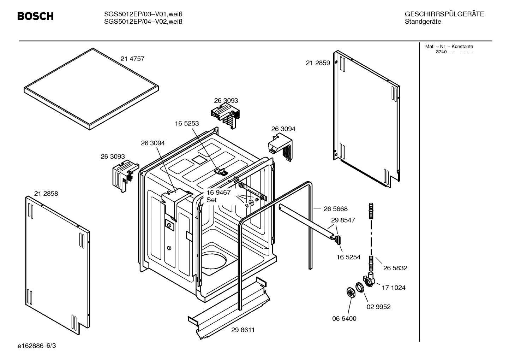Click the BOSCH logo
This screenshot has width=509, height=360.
35,16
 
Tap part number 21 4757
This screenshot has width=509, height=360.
132,59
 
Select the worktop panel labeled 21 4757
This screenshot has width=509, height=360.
91,88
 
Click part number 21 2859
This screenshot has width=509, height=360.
318,63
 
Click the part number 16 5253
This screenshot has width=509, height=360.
187,124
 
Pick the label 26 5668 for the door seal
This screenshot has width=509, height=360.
335,209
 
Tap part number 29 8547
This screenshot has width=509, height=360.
343,220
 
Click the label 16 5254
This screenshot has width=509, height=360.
348,257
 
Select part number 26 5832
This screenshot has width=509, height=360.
395,268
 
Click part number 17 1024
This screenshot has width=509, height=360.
393,288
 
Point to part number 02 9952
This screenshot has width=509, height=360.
378,307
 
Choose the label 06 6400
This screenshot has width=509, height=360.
344,318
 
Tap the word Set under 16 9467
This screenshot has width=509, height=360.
211,200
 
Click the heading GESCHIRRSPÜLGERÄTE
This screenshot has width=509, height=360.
444,14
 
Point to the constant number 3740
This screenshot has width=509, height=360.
441,52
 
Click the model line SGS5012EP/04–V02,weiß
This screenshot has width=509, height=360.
143,22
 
